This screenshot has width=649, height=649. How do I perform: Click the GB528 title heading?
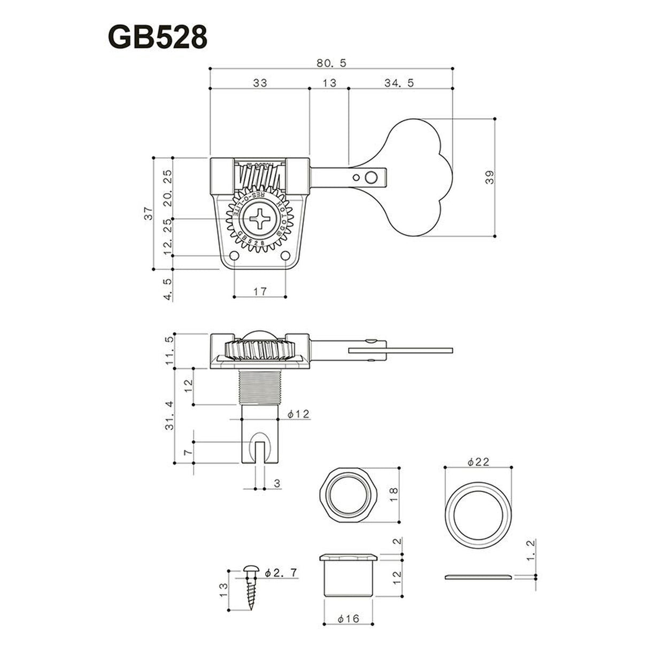pos(157,36)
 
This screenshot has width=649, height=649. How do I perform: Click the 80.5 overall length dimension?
pos(331,63)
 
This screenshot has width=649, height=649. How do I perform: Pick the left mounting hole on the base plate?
pos(235,255)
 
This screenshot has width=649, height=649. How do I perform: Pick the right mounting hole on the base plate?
pos(285,255)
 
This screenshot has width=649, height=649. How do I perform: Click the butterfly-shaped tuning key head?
pos(417,176)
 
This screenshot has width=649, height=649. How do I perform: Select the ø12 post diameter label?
pos(298,414)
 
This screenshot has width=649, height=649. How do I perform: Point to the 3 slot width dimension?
pos(277,483)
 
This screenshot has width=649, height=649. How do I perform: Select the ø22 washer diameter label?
pos(478,462)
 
